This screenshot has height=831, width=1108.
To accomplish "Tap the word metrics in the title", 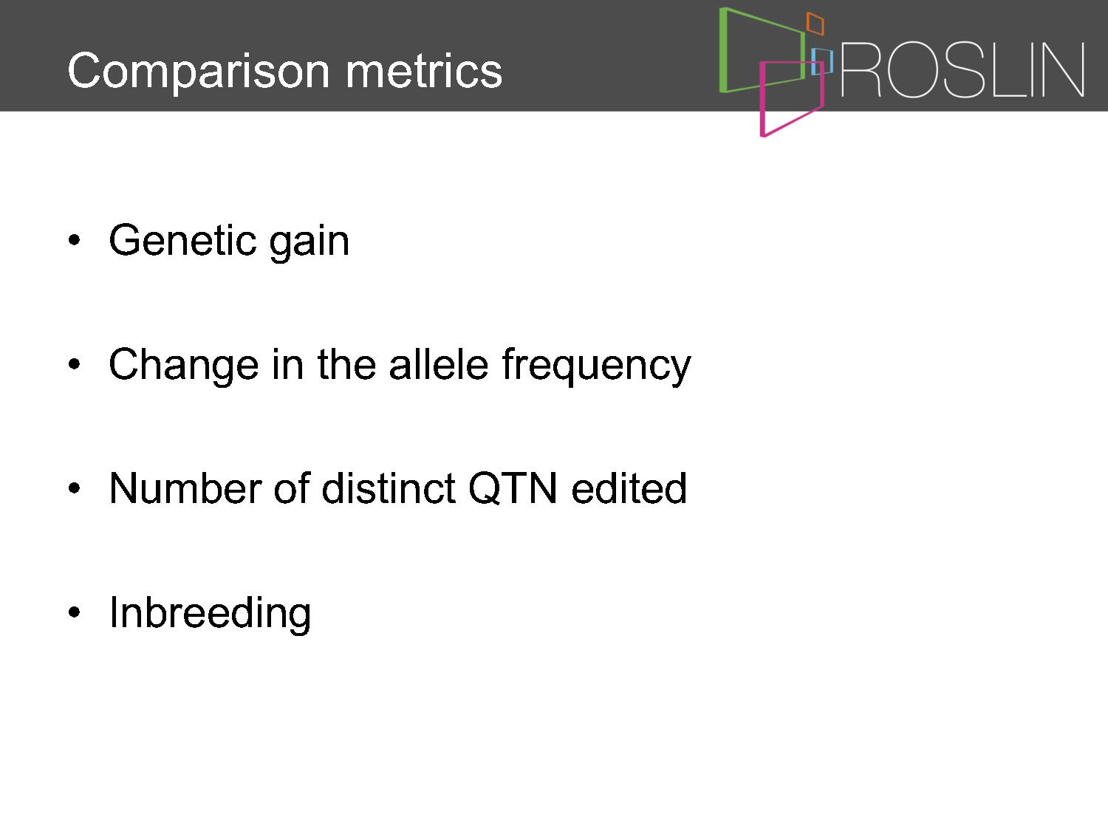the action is tap(424, 71).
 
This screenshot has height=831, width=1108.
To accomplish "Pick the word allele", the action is tap(439, 363).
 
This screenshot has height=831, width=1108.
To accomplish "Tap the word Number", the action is tap(185, 488).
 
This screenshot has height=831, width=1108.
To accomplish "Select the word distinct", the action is tap(389, 488).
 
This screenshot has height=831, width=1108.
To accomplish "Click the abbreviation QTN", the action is tap(513, 488).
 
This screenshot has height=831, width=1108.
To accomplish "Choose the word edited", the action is tap(629, 488).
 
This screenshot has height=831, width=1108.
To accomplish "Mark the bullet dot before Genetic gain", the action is tap(74, 240).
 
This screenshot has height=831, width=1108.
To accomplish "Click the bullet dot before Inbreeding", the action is tap(74, 612).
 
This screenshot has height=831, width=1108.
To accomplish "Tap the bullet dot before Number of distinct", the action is tap(74, 488).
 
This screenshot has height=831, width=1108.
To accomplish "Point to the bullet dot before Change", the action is tap(74, 363).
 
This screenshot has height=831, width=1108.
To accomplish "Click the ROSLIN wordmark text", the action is tap(962, 69).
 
